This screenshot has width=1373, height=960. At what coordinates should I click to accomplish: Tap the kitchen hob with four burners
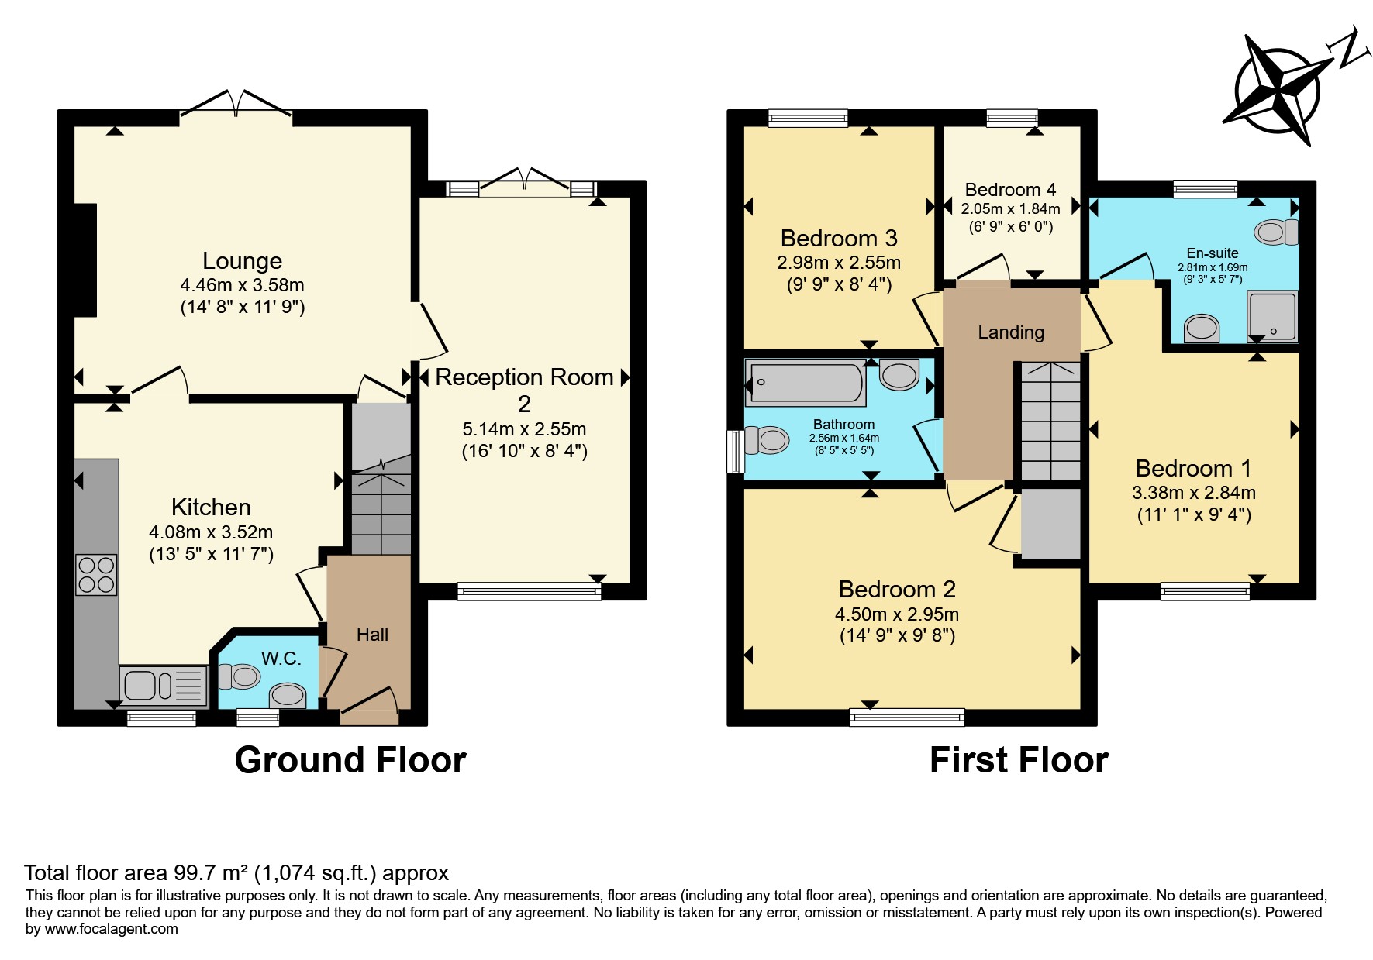coord(96,575)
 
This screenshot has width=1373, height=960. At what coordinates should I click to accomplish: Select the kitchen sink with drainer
coord(164,686)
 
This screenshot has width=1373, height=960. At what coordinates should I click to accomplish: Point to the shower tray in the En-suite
coord(1272,317)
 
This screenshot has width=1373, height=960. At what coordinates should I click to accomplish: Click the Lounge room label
coord(242,261)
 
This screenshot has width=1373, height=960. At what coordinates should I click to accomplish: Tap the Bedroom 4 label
coord(1010,190)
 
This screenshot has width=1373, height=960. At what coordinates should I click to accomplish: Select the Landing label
coord(1011,332)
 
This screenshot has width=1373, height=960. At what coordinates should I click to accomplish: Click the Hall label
coord(372,635)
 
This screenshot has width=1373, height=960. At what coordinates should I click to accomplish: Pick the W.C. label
coord(281,659)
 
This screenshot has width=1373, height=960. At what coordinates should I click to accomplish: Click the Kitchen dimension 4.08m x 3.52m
coord(211,532)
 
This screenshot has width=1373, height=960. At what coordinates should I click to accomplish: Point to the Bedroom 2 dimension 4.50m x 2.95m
coord(897,614)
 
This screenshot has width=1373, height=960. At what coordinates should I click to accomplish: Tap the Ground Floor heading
coord(350,760)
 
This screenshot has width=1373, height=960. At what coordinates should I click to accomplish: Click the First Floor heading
coord(1019,760)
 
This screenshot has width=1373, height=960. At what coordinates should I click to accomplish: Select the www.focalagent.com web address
coord(112,929)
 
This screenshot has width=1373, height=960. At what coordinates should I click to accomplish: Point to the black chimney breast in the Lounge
coord(85,260)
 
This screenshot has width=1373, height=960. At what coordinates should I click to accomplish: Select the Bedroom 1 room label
coord(1194,469)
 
